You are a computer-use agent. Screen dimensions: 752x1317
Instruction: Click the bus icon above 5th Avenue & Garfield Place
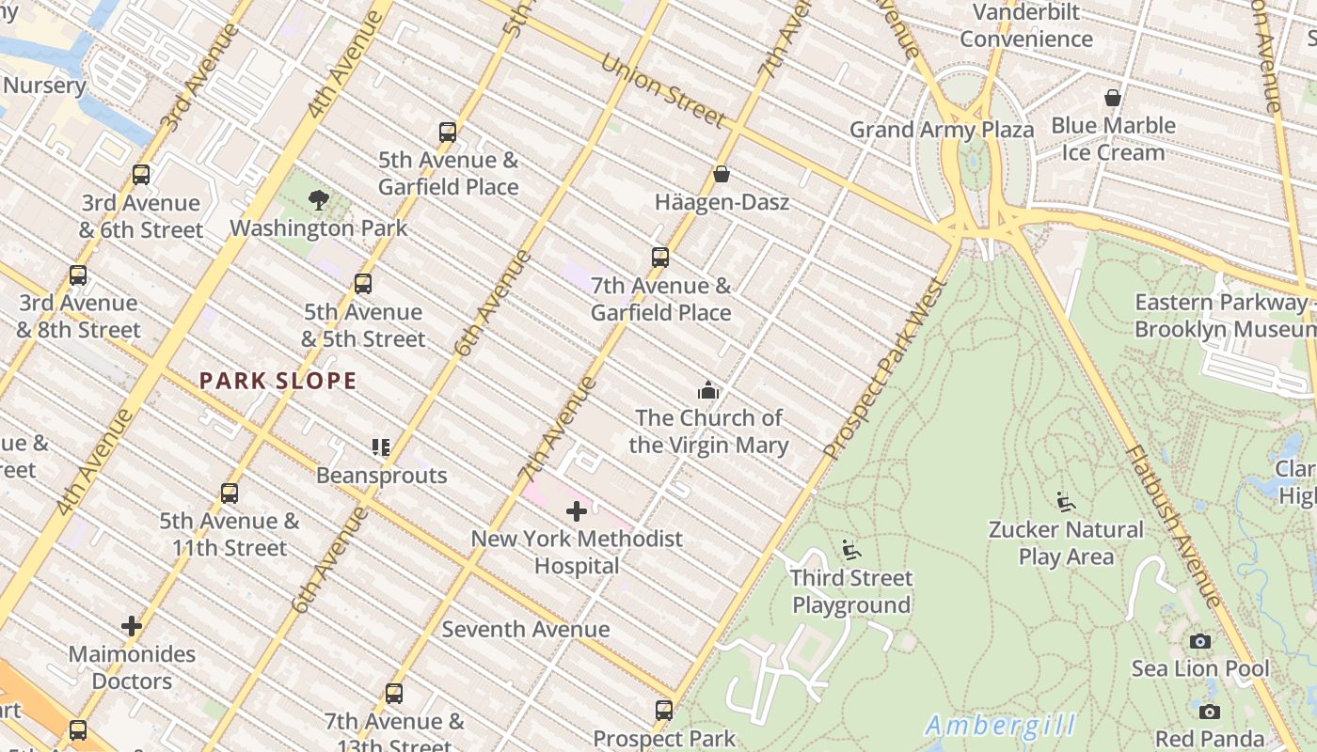pos(448,133)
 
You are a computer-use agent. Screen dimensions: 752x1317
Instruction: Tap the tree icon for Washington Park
pos(319,199)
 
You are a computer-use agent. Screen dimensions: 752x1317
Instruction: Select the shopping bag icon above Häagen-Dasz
pos(722,174)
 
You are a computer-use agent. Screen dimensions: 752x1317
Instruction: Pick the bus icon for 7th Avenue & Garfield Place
pos(660,258)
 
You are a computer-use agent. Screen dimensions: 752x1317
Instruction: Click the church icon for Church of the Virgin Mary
pos(707,390)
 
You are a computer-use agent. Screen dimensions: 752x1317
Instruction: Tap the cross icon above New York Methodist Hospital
pos(577,511)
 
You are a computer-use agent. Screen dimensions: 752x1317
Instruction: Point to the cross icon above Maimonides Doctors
pos(132,626)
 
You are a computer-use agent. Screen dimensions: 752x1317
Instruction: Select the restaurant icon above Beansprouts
pos(381,447)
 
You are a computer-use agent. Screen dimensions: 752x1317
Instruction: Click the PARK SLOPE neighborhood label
pos(278,381)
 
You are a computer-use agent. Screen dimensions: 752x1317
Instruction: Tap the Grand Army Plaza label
pos(942,130)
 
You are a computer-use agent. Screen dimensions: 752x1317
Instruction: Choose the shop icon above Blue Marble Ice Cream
pos(1113,98)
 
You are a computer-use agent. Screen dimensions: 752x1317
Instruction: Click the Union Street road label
pos(662,91)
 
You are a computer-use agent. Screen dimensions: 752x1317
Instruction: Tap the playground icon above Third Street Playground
pos(851,550)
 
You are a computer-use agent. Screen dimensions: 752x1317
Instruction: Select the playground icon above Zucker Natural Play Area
pos(1066,502)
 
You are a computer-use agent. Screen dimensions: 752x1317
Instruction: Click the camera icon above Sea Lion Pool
pos(1200,641)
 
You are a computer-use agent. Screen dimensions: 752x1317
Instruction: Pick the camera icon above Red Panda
pos(1210,712)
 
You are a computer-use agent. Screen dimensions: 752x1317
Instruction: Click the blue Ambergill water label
pos(1000,726)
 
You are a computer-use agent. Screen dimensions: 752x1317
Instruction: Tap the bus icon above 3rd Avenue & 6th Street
pos(141,175)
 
